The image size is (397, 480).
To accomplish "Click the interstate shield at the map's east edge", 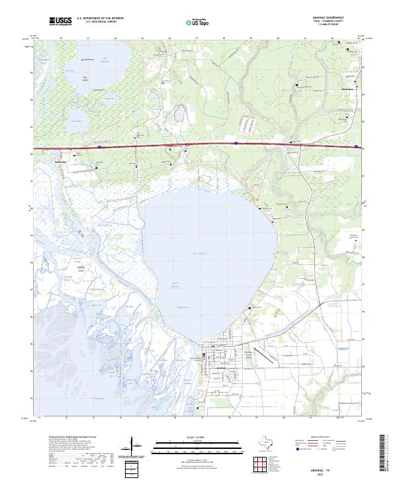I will point(357,147).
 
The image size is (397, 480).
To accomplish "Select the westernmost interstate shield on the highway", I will point(99,148).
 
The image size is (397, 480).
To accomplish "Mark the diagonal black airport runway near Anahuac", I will point(265,356).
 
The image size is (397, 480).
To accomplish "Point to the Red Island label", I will point(85,79).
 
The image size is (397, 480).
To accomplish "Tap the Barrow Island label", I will point(81,267).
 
